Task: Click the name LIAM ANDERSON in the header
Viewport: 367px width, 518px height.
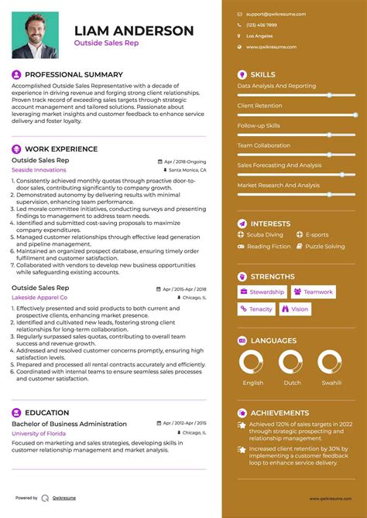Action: tap(134, 31)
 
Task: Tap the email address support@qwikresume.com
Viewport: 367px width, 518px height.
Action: tap(276, 14)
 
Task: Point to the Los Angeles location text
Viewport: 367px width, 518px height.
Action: tap(259, 36)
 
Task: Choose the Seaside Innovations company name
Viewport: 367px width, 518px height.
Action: tap(39, 169)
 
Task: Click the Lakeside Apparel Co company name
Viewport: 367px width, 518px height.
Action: tap(39, 297)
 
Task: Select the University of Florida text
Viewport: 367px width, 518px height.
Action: tap(39, 433)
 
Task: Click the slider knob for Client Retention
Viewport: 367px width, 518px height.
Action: tap(355, 114)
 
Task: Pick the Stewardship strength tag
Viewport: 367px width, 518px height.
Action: tap(262, 292)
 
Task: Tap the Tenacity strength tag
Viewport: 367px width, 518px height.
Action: tap(256, 309)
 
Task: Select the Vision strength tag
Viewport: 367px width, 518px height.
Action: tap(294, 309)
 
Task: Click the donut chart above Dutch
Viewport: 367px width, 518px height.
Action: tap(291, 362)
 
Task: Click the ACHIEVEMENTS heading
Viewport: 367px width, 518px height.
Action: tap(280, 413)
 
